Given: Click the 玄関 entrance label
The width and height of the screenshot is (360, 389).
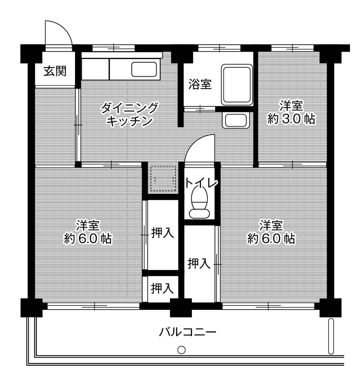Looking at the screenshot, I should pos(55,71).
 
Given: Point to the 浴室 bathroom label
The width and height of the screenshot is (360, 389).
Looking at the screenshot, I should pos(200,85).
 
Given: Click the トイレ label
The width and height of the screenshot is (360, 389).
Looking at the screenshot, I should pos(200,183).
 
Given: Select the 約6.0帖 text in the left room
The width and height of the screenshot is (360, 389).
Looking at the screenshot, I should pos(88,239).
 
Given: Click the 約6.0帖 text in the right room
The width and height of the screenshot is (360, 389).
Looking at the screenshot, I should pos(271,239).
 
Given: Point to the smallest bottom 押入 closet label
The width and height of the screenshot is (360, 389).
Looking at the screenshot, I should pos(162,288).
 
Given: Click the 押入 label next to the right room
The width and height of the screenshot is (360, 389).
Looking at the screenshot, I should pos(198,264).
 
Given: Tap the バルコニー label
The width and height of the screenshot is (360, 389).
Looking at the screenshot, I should pos(187,332).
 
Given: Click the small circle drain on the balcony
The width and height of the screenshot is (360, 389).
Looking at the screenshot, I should pos(181,350).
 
